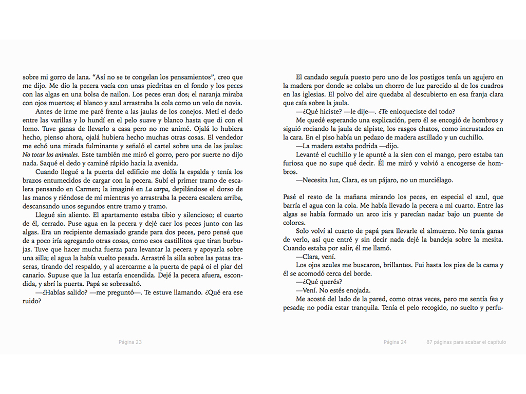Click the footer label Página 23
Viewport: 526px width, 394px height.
pyautogui.click(x=129, y=342)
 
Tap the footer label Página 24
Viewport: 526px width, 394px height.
pyautogui.click(x=395, y=342)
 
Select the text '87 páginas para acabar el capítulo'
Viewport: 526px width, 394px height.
pyautogui.click(x=466, y=342)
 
